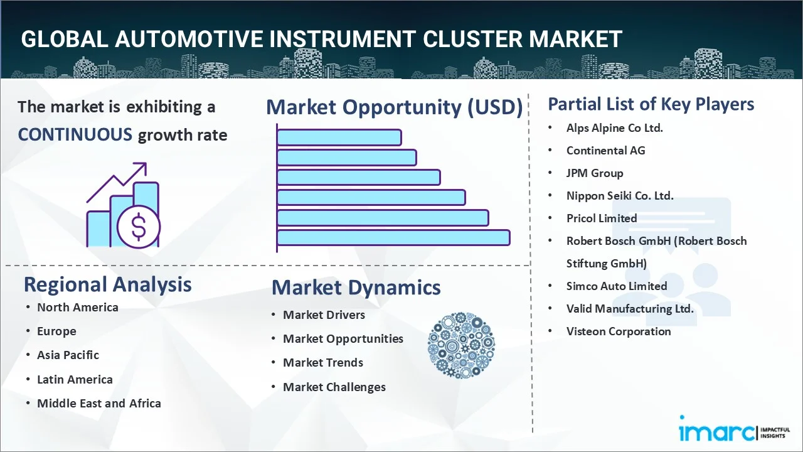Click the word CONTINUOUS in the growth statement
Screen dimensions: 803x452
(75, 135)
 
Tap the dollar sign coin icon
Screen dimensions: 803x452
(139, 227)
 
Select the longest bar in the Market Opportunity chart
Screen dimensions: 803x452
(393, 238)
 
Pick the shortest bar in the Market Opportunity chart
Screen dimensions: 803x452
(339, 137)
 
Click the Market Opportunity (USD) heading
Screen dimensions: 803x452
(395, 107)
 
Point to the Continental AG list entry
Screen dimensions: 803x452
(605, 150)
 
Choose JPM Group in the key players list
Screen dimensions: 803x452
(595, 173)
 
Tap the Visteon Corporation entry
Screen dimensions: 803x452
(619, 331)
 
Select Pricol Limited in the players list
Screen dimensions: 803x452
(602, 218)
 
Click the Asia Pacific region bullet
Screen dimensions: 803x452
(68, 355)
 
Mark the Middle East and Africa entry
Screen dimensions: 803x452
(99, 403)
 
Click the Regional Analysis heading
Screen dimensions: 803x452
(107, 284)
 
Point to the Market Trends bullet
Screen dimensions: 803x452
(323, 362)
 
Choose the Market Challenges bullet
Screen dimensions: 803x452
(334, 387)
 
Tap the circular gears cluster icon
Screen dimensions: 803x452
(461, 345)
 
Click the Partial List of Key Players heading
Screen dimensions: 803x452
(651, 104)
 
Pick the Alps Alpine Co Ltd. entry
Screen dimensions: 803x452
(614, 127)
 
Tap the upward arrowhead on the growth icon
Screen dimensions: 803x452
(142, 167)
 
